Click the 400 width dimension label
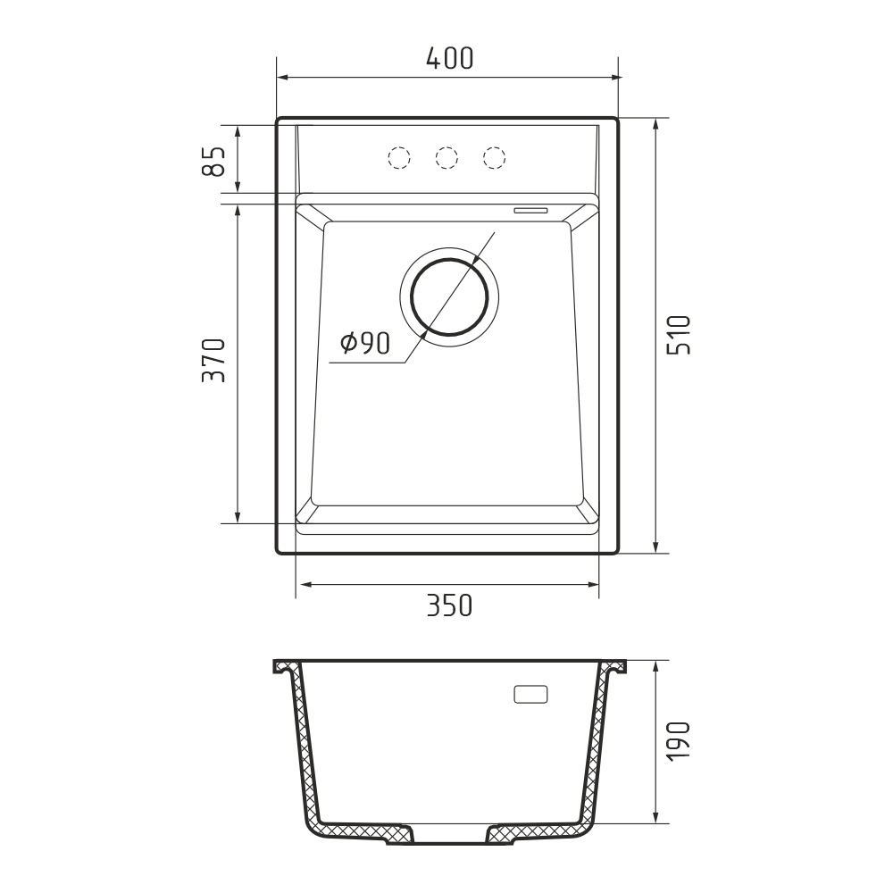449,58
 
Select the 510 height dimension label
679,335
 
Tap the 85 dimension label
214,161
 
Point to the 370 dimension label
214,361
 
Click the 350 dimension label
449,605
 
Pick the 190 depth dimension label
679,740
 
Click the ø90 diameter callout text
365,342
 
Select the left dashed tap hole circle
398,157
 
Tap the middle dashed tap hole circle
446,157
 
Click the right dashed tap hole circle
495,157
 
